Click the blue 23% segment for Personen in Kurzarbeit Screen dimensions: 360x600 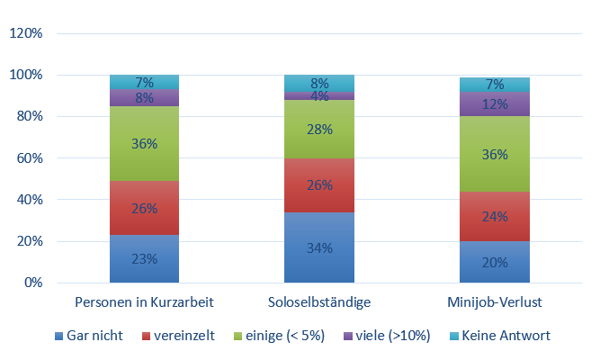(x=144, y=258)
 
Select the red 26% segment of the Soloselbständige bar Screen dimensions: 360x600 (x=318, y=185)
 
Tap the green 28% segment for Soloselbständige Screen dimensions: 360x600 (x=318, y=130)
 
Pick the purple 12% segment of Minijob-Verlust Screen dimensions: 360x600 (x=494, y=104)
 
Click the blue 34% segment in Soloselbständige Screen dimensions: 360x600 (x=318, y=247)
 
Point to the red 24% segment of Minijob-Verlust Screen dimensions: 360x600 (x=494, y=216)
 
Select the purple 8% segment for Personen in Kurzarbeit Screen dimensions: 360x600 (x=144, y=98)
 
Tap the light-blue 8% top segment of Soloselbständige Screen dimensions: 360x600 (x=318, y=83)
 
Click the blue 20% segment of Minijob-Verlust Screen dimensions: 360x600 (x=494, y=262)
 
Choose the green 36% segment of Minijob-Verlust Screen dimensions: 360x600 (x=494, y=154)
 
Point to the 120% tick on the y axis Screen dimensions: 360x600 (x=26, y=33)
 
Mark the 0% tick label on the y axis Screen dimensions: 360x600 (x=32, y=283)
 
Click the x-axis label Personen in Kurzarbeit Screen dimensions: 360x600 (x=144, y=301)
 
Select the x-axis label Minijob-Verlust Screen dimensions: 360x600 (x=494, y=301)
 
